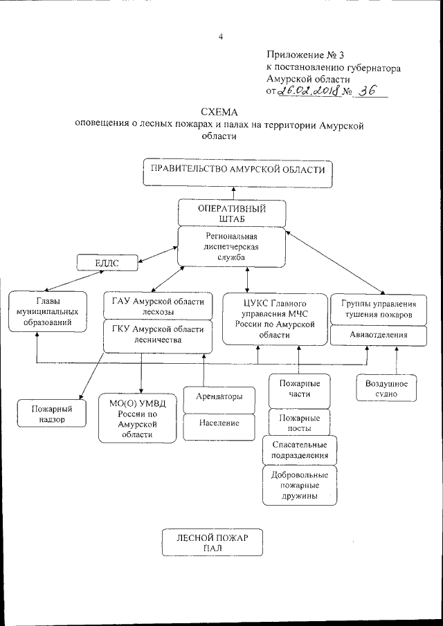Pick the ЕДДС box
[107, 262]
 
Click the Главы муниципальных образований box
[48, 312]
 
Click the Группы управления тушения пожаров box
[378, 309]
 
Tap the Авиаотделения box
[378, 335]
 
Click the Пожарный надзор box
[52, 414]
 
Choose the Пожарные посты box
[298, 423]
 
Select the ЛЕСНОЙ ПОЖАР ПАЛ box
[212, 542]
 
